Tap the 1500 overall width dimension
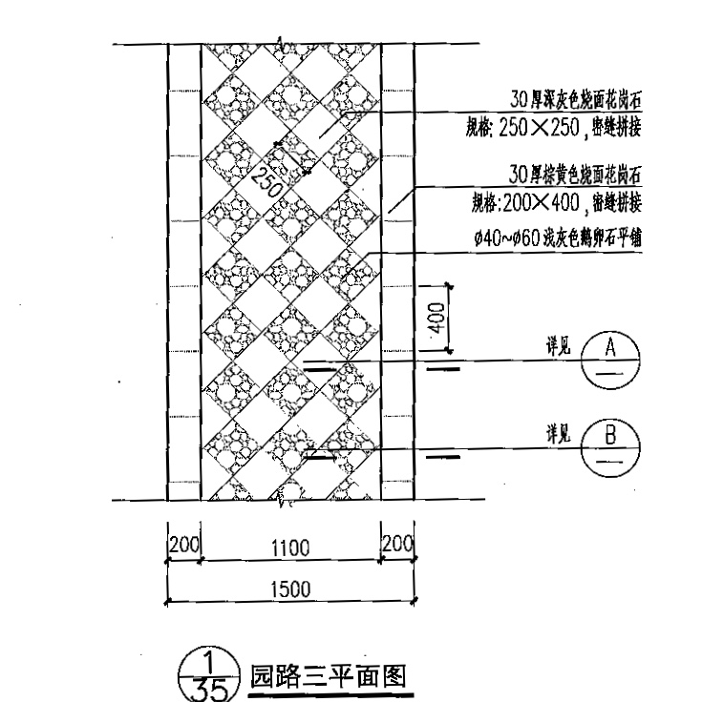(288, 588)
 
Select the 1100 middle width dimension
(291, 547)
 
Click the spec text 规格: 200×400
(557, 202)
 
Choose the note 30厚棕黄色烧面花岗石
(575, 175)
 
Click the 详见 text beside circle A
(558, 349)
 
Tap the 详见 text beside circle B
(558, 436)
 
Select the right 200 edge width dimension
(396, 546)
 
